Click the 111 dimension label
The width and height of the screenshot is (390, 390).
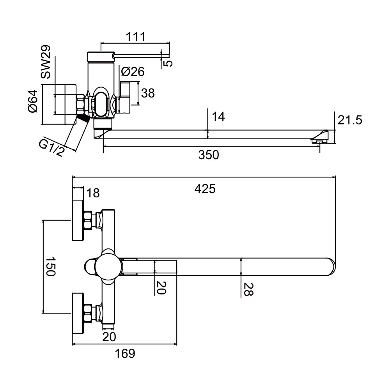coord(135,37)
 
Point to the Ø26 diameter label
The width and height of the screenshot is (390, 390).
coord(133,72)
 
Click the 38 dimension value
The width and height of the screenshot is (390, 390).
coord(148,93)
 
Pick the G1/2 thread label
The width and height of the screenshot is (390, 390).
coord(51,148)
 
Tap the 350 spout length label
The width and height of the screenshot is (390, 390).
coord(209,155)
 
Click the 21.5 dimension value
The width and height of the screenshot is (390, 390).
coord(350,120)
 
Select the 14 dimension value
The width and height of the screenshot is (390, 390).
coord(219,117)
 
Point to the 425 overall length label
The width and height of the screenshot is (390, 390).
coord(205,189)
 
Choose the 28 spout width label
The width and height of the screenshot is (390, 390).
coord(248,290)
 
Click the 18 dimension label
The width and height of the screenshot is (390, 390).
coord(93,193)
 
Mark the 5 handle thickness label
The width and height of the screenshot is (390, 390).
coord(167,62)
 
